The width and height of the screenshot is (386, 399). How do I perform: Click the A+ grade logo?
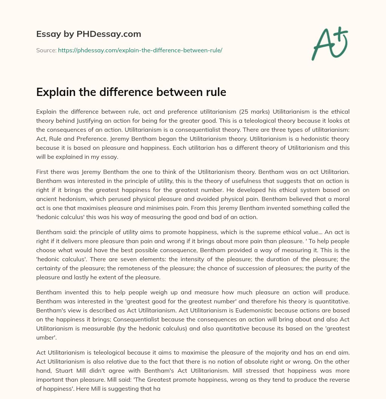[329, 44]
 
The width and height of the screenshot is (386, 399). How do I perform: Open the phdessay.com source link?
[140, 50]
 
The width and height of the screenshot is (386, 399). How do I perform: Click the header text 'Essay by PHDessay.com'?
[89, 34]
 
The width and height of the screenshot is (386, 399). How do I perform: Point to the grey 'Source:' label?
[46, 50]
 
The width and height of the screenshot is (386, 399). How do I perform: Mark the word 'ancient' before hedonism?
[46, 199]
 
